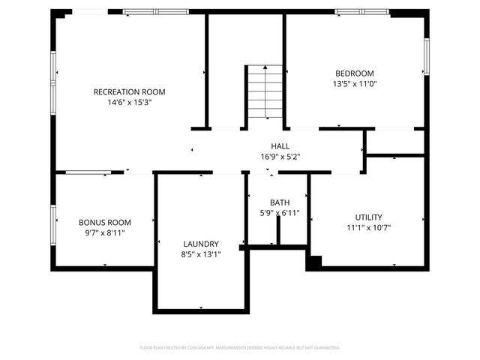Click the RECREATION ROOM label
(x=129, y=91)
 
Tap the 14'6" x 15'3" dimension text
(x=129, y=103)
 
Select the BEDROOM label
(x=354, y=73)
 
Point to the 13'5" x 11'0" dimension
(x=354, y=84)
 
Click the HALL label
(x=280, y=146)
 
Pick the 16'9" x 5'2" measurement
(x=280, y=157)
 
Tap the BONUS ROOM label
(x=105, y=222)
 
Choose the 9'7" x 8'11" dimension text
(x=105, y=233)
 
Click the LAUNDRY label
(x=201, y=244)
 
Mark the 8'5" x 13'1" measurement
(x=201, y=254)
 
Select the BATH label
(x=280, y=202)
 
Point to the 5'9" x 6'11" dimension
(x=280, y=214)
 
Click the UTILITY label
(x=369, y=217)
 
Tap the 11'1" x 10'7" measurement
(x=369, y=228)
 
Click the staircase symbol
(x=265, y=92)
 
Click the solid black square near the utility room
(x=313, y=263)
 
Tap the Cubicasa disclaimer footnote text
(x=240, y=348)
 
